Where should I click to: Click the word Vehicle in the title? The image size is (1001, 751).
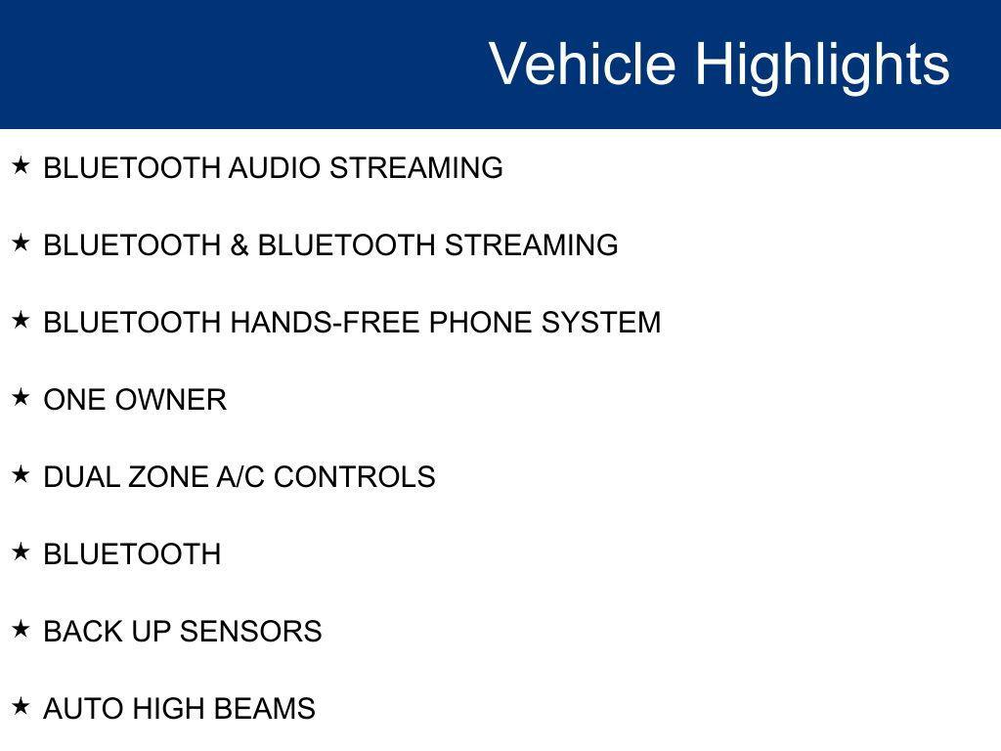(583, 64)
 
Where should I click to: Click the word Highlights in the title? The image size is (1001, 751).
(822, 66)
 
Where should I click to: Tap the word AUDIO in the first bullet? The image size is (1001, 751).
(275, 168)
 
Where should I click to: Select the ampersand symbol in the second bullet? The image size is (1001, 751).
(239, 245)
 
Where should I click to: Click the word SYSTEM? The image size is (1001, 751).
(601, 323)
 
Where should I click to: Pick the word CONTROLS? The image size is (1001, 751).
(354, 477)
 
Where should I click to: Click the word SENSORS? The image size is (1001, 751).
(250, 632)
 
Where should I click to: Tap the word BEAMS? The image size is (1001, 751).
(264, 709)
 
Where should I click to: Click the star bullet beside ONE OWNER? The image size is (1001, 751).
(22, 397)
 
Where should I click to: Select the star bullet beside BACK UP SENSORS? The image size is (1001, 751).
(22, 629)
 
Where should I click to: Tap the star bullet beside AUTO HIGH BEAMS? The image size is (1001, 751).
(22, 706)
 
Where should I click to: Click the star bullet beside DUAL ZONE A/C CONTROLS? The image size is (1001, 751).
(22, 474)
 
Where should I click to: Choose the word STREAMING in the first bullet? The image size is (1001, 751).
(416, 168)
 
